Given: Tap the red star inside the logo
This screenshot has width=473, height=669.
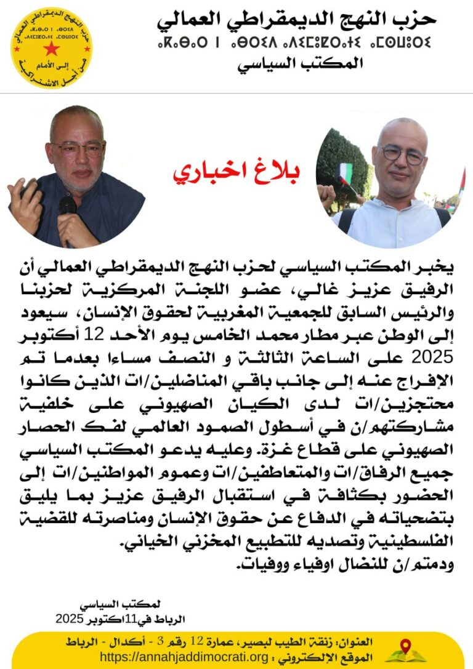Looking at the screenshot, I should [x=51, y=49].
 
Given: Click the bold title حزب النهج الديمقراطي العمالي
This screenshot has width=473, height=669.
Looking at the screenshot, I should [x=296, y=19].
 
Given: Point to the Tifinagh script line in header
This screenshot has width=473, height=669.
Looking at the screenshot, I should [x=294, y=43].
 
